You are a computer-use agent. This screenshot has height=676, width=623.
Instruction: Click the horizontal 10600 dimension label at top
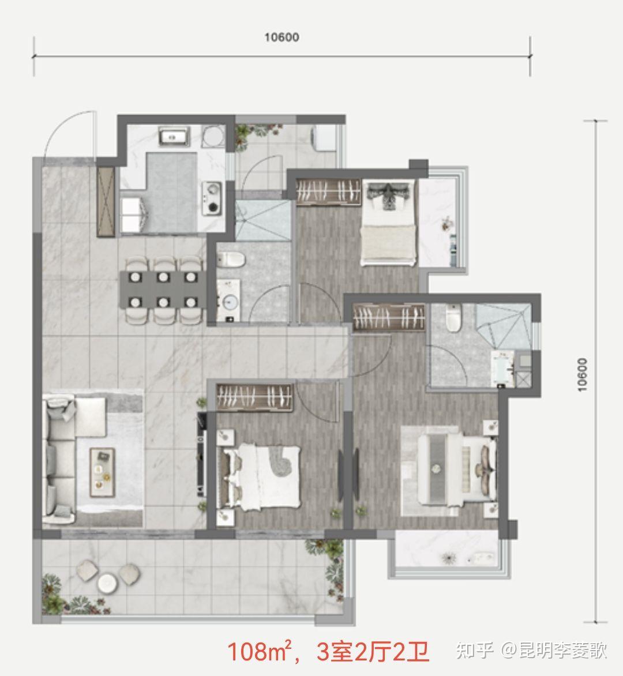(282, 37)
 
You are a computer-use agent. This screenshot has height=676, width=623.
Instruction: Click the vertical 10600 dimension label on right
(583, 375)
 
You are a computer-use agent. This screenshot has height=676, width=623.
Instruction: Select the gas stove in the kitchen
(212, 198)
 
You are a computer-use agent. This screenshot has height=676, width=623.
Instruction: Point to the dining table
(163, 290)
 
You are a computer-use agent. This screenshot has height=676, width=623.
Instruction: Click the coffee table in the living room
(102, 472)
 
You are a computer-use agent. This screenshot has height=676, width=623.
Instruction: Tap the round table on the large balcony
(107, 583)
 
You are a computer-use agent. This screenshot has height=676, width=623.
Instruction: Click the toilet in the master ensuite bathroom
(452, 318)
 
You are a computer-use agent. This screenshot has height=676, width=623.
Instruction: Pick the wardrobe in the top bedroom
(328, 191)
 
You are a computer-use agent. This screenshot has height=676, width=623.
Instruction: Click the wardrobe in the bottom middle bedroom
(254, 397)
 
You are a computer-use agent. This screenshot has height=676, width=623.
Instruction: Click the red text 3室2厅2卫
(373, 651)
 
